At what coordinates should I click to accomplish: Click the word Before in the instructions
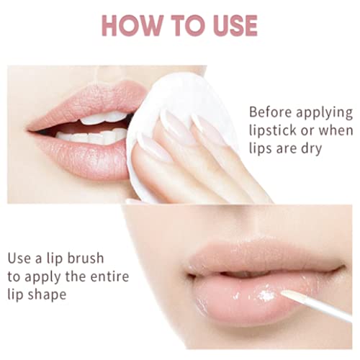point(271,112)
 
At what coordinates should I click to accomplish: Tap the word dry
point(312,149)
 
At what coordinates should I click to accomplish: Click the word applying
point(325,113)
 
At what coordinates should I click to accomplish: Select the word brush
point(86,258)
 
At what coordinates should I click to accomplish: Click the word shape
point(47,295)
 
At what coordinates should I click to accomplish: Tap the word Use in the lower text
point(19,258)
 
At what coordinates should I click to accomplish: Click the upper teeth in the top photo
point(104,118)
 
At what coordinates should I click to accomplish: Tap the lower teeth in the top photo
point(91,137)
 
